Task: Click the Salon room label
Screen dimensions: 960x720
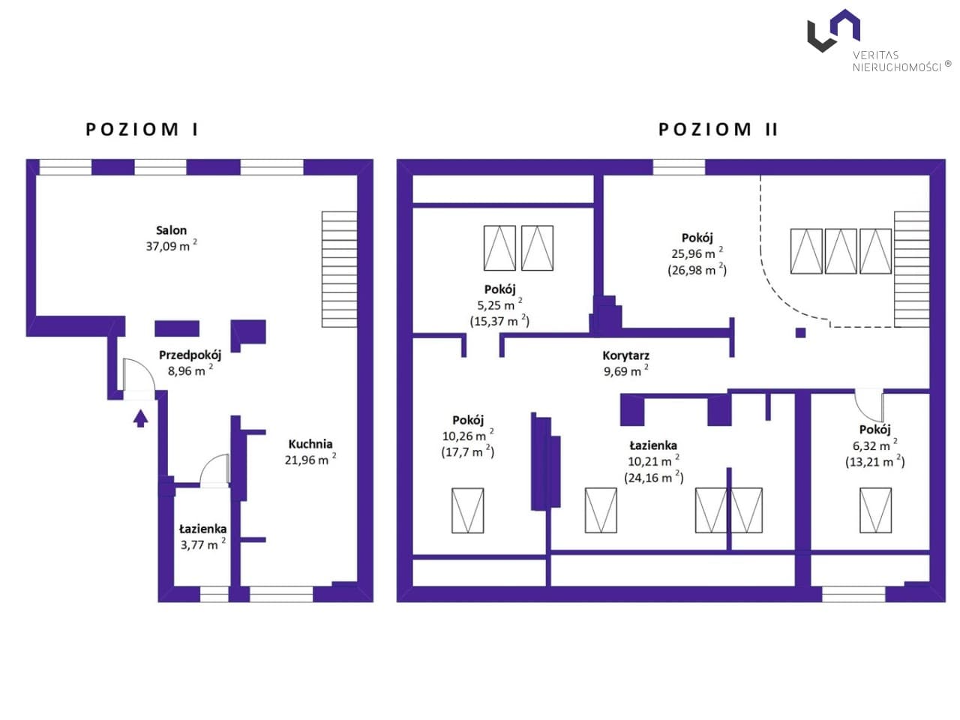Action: (x=171, y=230)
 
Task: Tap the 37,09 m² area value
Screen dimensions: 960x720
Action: (x=171, y=246)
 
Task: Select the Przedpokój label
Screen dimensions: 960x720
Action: (x=190, y=355)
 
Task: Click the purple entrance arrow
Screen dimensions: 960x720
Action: (x=140, y=418)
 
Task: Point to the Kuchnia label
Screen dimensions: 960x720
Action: (x=310, y=444)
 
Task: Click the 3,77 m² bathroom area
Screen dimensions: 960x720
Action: (x=203, y=544)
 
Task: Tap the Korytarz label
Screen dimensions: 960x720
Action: (x=625, y=355)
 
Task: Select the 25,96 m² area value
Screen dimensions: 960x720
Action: (x=697, y=253)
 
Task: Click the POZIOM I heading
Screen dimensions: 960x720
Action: (x=142, y=130)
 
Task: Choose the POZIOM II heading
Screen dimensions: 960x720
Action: (x=718, y=130)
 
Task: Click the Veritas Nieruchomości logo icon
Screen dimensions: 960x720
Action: (x=833, y=31)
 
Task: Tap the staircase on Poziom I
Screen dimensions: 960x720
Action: (x=339, y=269)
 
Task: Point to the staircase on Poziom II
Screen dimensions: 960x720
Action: (x=911, y=269)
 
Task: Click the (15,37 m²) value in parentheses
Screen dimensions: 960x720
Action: (x=499, y=321)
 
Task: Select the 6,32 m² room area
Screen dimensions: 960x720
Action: (x=874, y=445)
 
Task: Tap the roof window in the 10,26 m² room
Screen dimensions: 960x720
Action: (x=467, y=510)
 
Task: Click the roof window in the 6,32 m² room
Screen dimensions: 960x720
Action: (x=875, y=510)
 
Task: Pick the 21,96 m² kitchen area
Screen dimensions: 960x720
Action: (x=310, y=460)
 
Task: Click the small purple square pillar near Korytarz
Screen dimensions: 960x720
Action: (x=800, y=333)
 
